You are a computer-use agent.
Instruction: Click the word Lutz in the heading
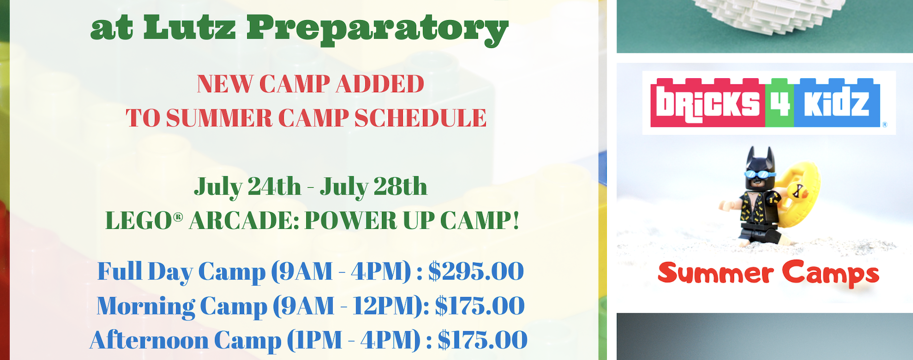190,27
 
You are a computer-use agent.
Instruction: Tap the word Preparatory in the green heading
377,30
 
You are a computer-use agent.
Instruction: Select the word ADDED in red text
380,84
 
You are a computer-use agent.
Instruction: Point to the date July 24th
248,187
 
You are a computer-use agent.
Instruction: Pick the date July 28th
373,187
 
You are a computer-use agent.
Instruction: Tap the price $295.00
476,271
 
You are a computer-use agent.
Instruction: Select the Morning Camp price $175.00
480,306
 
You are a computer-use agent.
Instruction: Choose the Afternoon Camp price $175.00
482,340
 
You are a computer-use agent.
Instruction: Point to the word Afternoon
149,340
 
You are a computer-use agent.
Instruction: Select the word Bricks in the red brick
708,103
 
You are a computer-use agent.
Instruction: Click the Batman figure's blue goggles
759,174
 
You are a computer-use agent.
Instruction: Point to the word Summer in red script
715,273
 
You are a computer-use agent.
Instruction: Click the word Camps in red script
831,274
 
